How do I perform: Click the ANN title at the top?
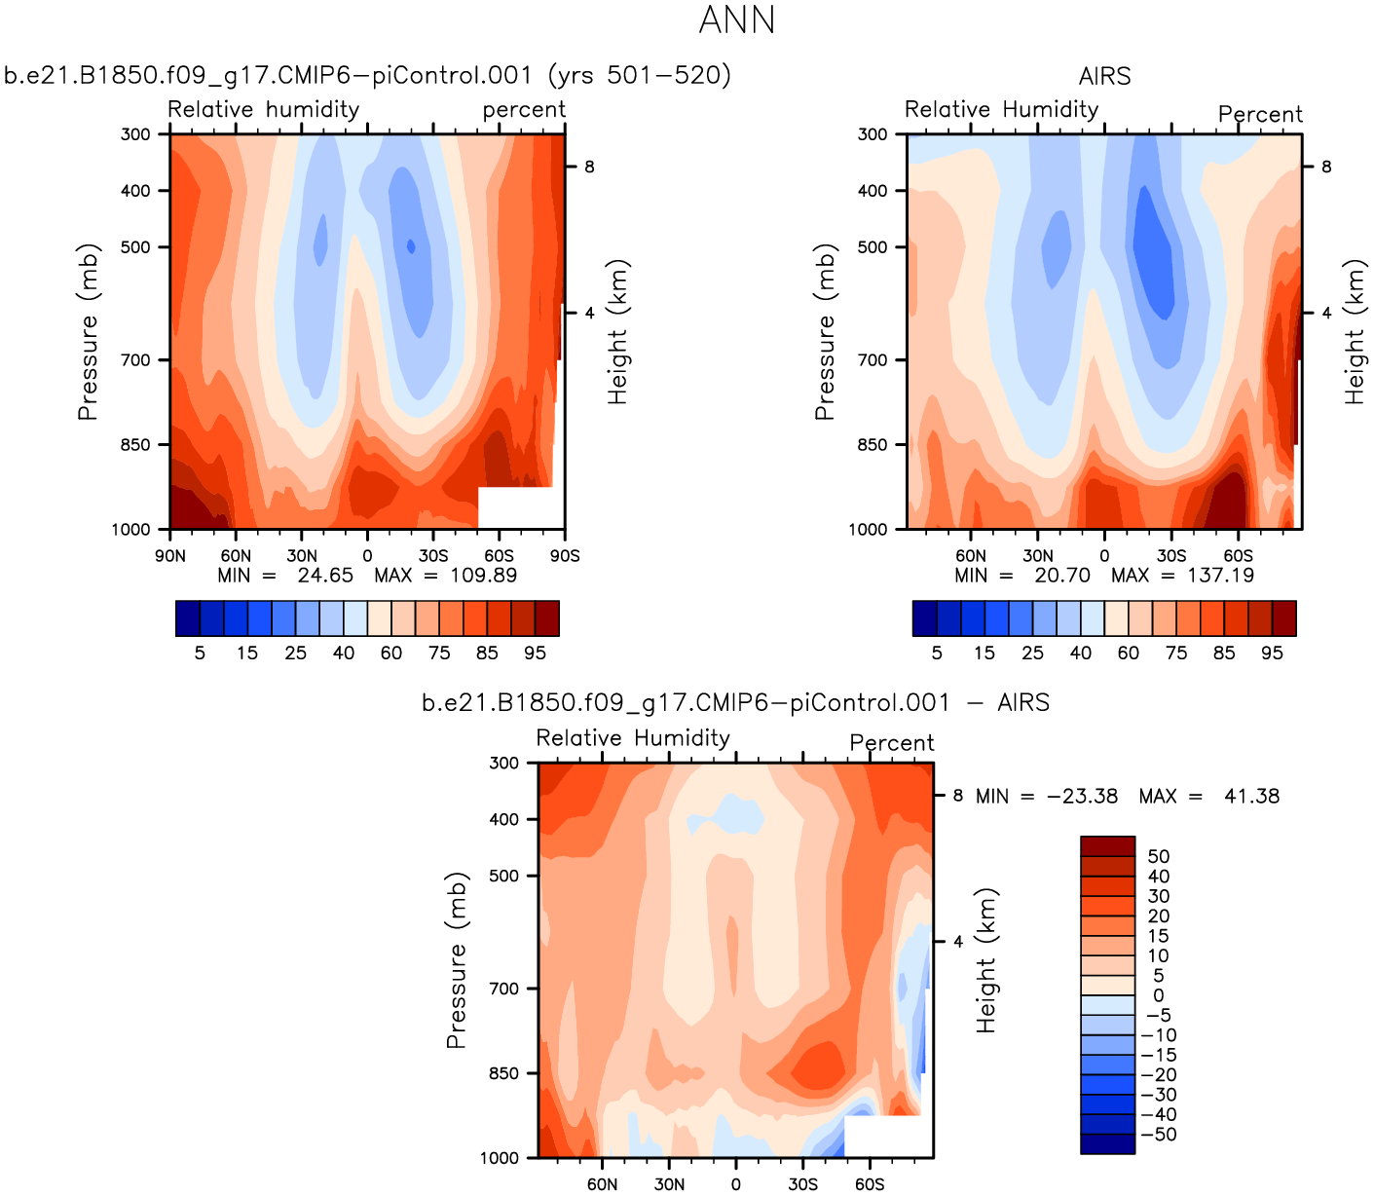pyautogui.click(x=737, y=20)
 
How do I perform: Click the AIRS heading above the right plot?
pyautogui.click(x=1104, y=76)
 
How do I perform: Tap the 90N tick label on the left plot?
pyautogui.click(x=170, y=556)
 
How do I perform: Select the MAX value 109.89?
pyautogui.click(x=483, y=576)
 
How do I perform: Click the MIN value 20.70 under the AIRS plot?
pyautogui.click(x=1062, y=576)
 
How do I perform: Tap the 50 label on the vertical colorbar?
pyautogui.click(x=1159, y=857)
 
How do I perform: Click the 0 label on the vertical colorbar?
pyautogui.click(x=1159, y=995)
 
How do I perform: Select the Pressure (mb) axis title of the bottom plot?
pyautogui.click(x=457, y=960)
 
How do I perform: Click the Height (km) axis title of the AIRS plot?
pyautogui.click(x=1355, y=332)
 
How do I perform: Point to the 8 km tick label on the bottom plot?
pyautogui.click(x=958, y=796)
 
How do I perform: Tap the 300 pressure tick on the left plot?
pyautogui.click(x=136, y=134)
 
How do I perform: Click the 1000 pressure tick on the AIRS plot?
pyautogui.click(x=869, y=530)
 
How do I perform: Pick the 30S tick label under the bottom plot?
pyautogui.click(x=802, y=1184)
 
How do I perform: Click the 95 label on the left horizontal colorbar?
pyautogui.click(x=536, y=654)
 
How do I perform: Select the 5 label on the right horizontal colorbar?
pyautogui.click(x=937, y=654)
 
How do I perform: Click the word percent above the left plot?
pyautogui.click(x=524, y=110)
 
